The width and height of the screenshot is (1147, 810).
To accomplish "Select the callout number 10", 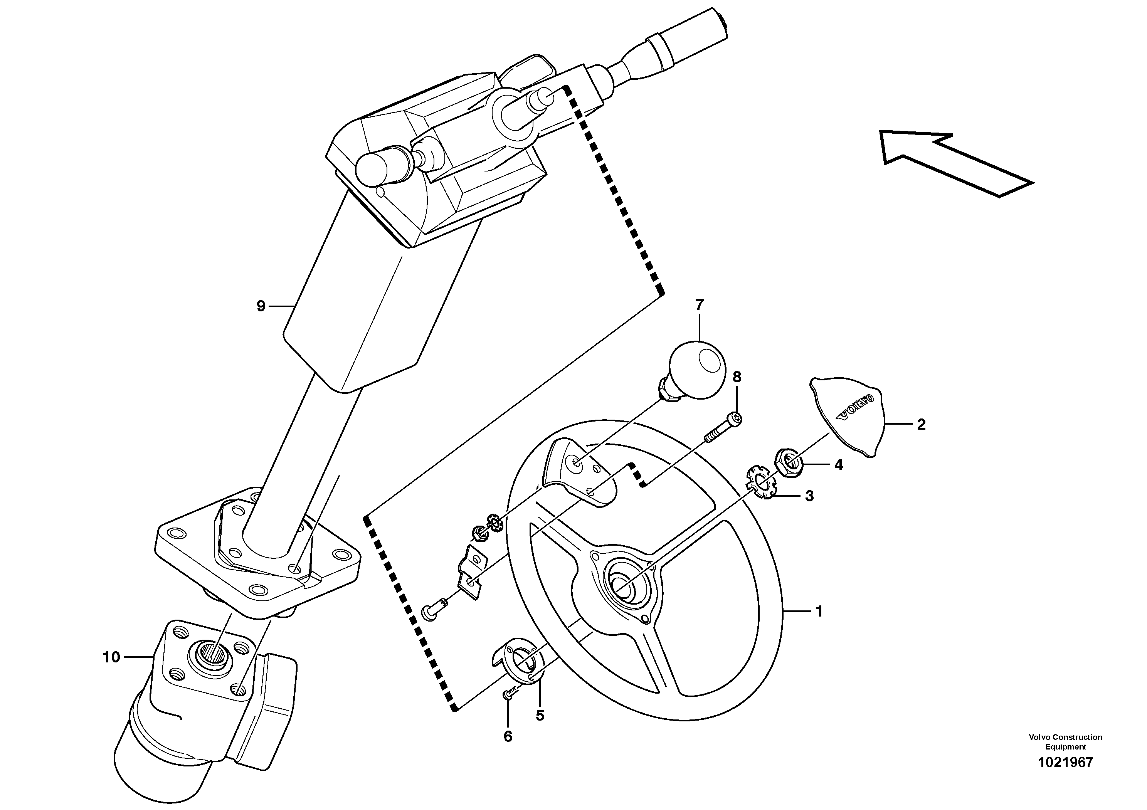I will [111, 657].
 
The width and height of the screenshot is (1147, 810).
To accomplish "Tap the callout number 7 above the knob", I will [699, 304].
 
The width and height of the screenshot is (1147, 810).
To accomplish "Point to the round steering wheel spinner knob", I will [696, 370].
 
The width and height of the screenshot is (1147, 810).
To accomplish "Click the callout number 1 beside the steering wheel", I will [819, 611].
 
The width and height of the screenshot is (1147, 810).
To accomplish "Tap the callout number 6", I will [508, 736].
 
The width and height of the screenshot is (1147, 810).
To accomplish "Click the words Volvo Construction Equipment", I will [1065, 741].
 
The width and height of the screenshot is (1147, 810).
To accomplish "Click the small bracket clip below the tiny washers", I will [472, 572].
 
